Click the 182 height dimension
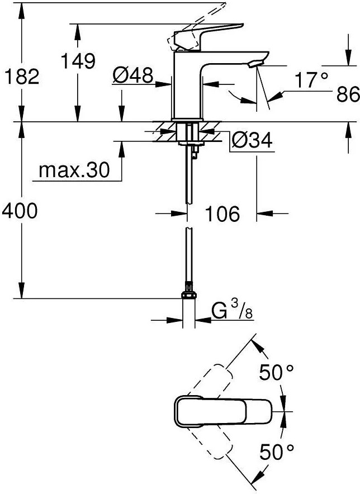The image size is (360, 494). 22,77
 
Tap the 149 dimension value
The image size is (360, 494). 78,61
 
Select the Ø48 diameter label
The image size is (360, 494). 133,75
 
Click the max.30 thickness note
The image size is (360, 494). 74,170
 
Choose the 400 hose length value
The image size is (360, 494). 20,211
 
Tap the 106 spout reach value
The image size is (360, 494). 222,213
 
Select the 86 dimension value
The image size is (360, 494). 348,94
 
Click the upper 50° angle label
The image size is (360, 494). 277,373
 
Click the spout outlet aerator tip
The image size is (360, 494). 255,64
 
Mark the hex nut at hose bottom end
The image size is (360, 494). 189,295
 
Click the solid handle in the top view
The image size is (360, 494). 223,411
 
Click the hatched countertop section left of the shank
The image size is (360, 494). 164,131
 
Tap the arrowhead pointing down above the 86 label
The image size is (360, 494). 348,58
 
